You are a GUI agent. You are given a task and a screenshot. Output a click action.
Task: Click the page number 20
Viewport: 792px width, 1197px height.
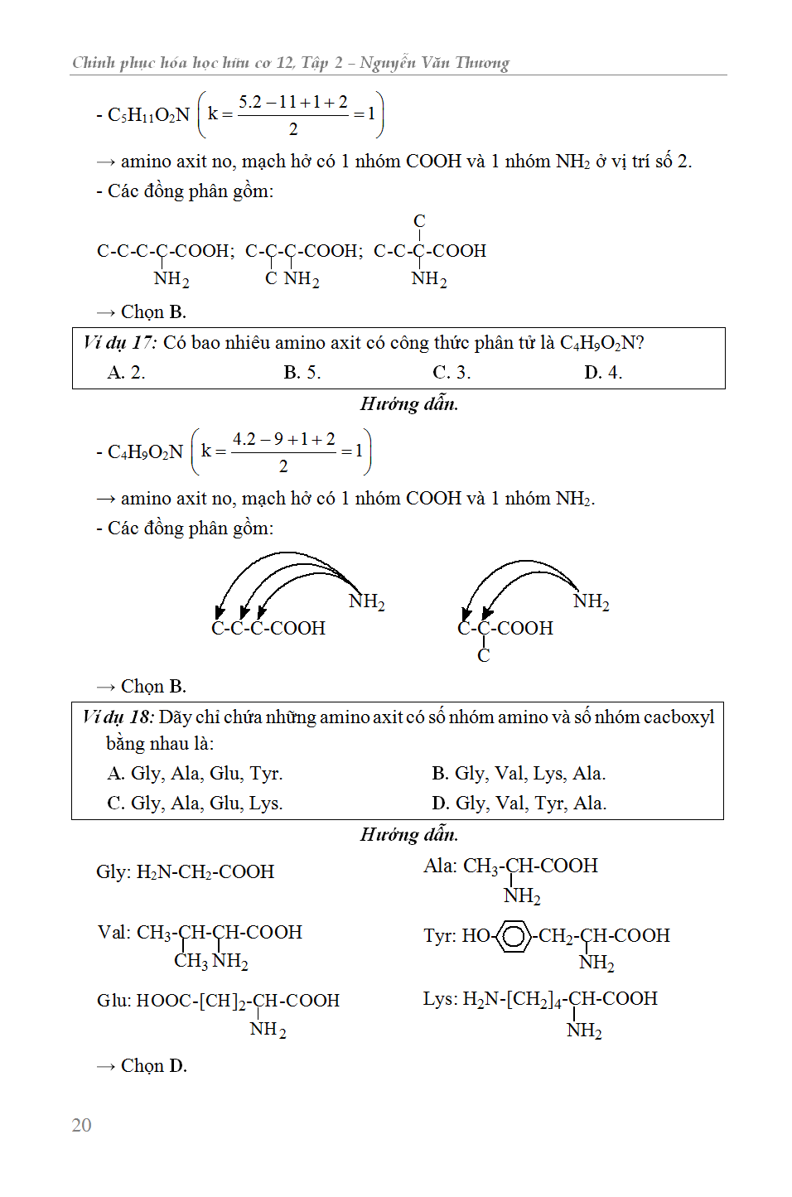[x=81, y=1125]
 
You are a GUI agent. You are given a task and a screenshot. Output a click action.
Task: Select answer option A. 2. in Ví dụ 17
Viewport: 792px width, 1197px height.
[x=126, y=373]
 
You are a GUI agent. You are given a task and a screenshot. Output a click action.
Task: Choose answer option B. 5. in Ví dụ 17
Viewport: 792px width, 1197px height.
[x=302, y=373]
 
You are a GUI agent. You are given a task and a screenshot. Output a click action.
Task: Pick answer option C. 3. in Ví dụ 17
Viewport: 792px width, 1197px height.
[x=452, y=373]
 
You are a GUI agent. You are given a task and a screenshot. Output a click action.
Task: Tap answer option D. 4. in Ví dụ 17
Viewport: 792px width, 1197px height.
[x=603, y=373]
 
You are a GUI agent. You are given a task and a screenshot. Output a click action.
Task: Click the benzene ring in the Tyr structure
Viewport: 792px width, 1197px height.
[x=514, y=936]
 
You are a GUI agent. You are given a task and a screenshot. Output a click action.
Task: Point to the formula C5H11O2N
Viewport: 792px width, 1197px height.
[x=148, y=115]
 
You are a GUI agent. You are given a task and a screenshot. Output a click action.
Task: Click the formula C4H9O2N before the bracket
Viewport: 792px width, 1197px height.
[x=145, y=452]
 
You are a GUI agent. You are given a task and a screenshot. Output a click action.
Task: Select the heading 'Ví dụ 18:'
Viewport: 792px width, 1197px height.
[x=118, y=717]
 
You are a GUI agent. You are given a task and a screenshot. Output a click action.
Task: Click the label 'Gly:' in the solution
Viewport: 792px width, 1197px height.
[x=113, y=871]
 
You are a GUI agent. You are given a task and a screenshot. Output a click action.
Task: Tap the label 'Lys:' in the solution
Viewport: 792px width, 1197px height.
[x=440, y=999]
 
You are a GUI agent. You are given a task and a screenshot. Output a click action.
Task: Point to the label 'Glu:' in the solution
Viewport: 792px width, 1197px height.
[x=114, y=1001]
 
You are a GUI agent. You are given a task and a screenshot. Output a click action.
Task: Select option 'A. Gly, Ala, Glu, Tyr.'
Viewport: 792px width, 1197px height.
[x=195, y=774]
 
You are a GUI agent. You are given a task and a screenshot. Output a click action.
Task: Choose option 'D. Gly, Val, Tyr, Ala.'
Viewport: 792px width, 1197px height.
[x=519, y=804]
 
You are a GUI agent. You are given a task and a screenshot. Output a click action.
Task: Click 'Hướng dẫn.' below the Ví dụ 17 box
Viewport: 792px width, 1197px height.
[x=409, y=404]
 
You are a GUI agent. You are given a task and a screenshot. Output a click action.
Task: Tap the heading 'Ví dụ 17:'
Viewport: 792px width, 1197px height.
[x=120, y=343]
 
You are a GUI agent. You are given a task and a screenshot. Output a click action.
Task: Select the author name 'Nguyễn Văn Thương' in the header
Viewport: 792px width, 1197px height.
[x=434, y=63]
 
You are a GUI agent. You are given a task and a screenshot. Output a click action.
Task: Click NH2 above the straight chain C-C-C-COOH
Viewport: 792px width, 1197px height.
[x=366, y=601]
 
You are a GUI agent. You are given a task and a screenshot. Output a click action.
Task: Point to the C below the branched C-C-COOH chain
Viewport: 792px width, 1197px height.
[x=484, y=656]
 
